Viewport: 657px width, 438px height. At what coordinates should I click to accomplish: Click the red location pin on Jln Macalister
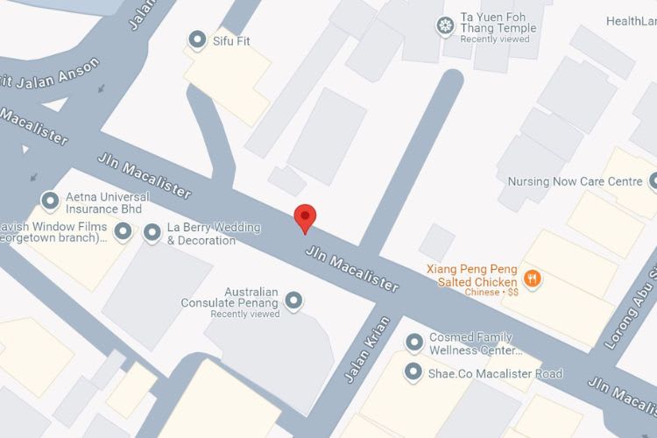pyautogui.click(x=304, y=216)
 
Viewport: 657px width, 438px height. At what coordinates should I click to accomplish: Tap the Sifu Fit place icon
pyautogui.click(x=197, y=39)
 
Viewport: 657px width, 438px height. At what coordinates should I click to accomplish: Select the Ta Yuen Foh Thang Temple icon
pyautogui.click(x=446, y=25)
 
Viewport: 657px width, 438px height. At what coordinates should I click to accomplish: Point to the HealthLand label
pyautogui.click(x=630, y=21)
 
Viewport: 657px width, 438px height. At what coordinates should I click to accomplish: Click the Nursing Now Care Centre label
pyautogui.click(x=576, y=182)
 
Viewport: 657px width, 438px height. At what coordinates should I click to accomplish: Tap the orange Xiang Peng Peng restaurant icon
pyautogui.click(x=532, y=279)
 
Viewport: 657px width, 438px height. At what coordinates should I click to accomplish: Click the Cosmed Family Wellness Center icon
pyautogui.click(x=413, y=343)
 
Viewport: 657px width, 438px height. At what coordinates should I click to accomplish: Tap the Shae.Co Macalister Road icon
pyautogui.click(x=413, y=372)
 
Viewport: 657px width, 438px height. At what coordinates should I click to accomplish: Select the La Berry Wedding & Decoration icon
pyautogui.click(x=152, y=232)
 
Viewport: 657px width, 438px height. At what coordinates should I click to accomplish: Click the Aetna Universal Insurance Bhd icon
pyautogui.click(x=50, y=201)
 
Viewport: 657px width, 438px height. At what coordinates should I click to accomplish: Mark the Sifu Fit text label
pyautogui.click(x=231, y=40)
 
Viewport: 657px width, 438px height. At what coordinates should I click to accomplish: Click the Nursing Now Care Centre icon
pyautogui.click(x=653, y=182)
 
